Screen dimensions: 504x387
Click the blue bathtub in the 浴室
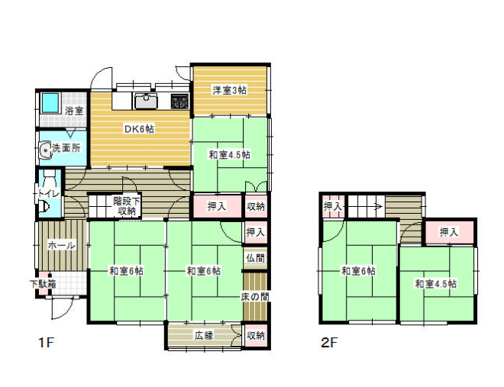tap(50, 102)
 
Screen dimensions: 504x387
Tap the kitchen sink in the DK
tap(147, 101)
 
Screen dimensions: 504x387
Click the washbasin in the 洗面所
tap(45, 150)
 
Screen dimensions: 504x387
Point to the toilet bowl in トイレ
tap(44, 207)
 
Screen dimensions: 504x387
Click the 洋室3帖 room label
tap(229, 90)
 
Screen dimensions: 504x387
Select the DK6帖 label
tap(140, 129)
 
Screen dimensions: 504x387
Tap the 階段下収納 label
tap(127, 206)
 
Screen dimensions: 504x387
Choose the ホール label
tap(62, 246)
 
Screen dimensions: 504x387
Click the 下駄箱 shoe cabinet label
tap(43, 284)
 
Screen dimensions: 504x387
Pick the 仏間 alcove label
tap(256, 258)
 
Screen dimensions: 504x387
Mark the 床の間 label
tap(255, 297)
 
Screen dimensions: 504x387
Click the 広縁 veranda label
tap(204, 336)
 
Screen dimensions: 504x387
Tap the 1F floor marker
tap(45, 343)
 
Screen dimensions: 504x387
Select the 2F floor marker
tap(329, 343)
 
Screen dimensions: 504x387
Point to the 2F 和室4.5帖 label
tap(435, 284)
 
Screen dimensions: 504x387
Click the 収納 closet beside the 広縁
tap(256, 336)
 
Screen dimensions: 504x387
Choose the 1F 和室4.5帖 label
tap(230, 155)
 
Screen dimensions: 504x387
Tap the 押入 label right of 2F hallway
tap(449, 232)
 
